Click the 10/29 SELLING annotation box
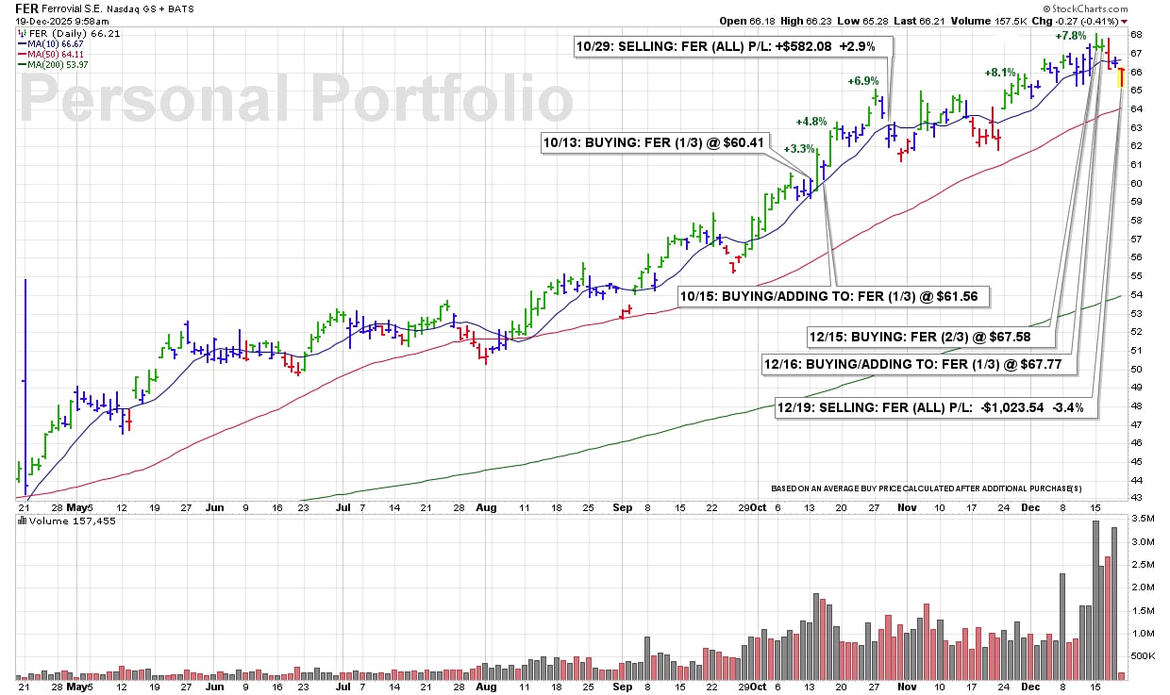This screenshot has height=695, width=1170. pos(732,46)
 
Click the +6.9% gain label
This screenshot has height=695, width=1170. pos(862,81)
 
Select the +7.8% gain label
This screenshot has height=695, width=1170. pos(1071,36)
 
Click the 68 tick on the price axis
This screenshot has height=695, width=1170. pos(1136,34)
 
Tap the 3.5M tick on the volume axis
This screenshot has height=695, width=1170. pos(1141,520)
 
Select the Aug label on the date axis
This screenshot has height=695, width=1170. pos(486,506)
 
